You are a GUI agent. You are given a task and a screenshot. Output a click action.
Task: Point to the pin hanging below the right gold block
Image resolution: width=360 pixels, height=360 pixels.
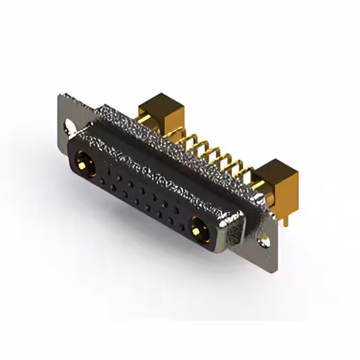286,217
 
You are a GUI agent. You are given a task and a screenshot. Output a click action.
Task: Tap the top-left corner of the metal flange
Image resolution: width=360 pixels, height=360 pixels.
61,97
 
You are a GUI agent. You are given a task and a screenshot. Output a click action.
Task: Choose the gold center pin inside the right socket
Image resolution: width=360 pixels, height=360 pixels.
197,230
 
